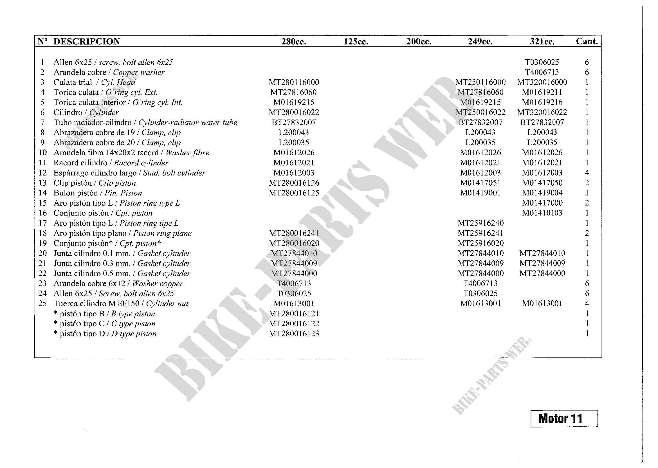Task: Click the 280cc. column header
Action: (x=293, y=42)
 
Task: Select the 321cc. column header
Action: (x=542, y=42)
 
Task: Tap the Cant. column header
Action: (x=587, y=42)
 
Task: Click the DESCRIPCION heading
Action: (x=86, y=42)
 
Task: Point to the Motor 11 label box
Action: (x=564, y=418)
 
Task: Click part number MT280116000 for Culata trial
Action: (x=294, y=82)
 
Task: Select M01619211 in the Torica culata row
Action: (x=542, y=92)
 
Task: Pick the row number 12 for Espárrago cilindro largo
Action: (x=43, y=173)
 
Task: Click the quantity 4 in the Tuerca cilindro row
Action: (x=587, y=303)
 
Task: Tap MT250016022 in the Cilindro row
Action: (x=480, y=112)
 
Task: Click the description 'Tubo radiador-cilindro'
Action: (x=92, y=122)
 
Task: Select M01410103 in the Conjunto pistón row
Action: (x=542, y=213)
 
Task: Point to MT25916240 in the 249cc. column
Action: (x=480, y=223)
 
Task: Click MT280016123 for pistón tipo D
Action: (x=294, y=334)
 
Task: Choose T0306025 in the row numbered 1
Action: (x=542, y=62)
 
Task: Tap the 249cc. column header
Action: (x=480, y=42)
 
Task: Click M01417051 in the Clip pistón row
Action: (x=480, y=183)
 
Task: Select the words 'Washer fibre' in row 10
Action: (x=187, y=153)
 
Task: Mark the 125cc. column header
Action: (x=356, y=42)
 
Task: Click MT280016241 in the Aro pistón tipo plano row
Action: (x=294, y=233)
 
